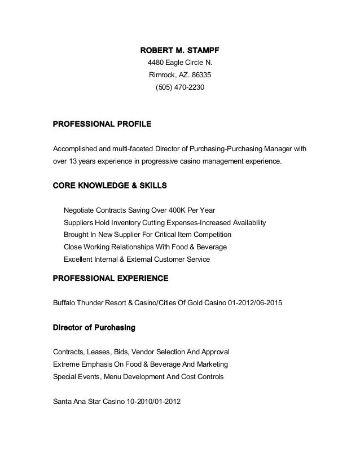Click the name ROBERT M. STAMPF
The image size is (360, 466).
180,51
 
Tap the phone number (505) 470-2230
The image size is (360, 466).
180,88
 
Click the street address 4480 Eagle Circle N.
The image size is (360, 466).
180,63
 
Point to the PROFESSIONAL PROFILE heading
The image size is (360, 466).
102,123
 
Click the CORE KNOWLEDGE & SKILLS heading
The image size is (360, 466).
109,185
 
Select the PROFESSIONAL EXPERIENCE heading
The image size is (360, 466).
110,278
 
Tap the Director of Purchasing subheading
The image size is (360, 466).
94,327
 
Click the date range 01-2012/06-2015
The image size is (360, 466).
254,303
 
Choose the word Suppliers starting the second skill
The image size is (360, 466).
80,222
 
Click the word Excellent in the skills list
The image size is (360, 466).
80,260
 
